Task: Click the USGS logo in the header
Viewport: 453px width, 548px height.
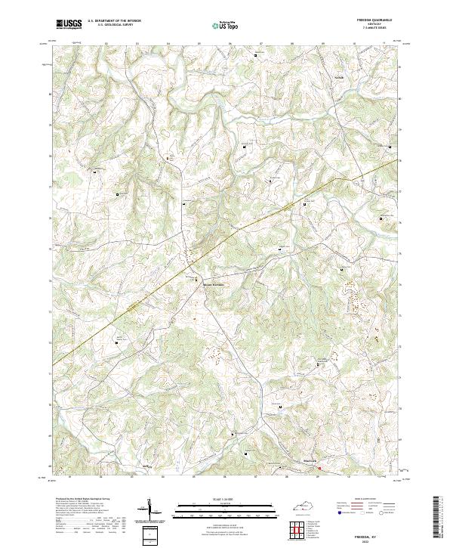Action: point(69,24)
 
